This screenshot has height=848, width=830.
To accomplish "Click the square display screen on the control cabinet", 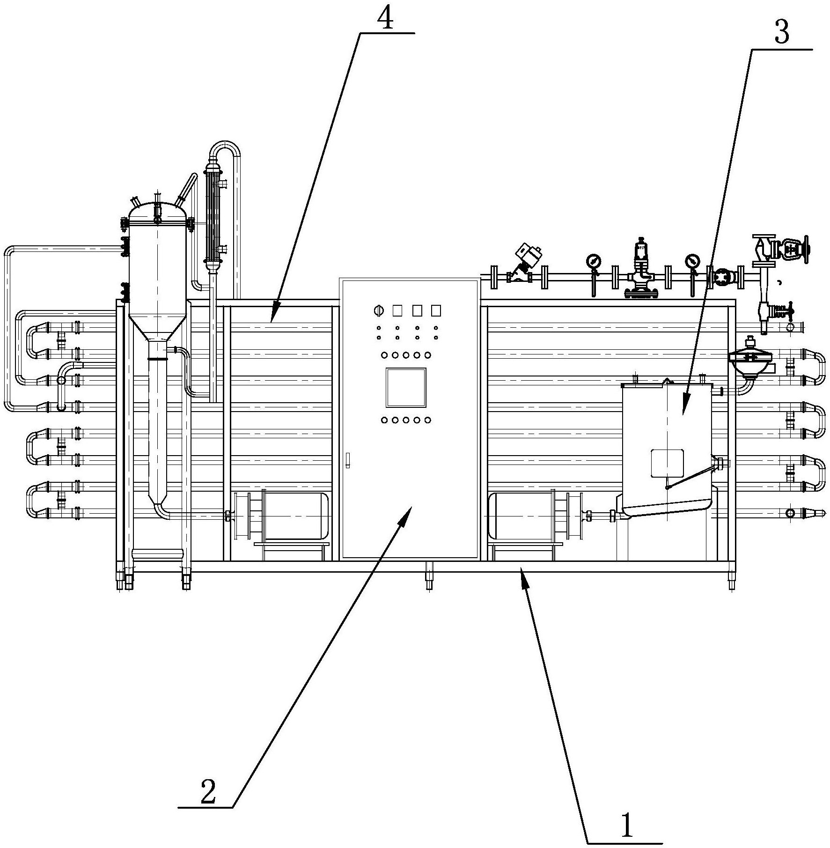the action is [406, 387].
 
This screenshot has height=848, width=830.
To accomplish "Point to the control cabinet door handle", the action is [347, 460].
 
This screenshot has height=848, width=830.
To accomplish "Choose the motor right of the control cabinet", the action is [534, 515].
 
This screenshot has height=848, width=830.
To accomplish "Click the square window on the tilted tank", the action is [667, 463].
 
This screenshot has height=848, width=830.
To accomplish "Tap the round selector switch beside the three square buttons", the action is [377, 310].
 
